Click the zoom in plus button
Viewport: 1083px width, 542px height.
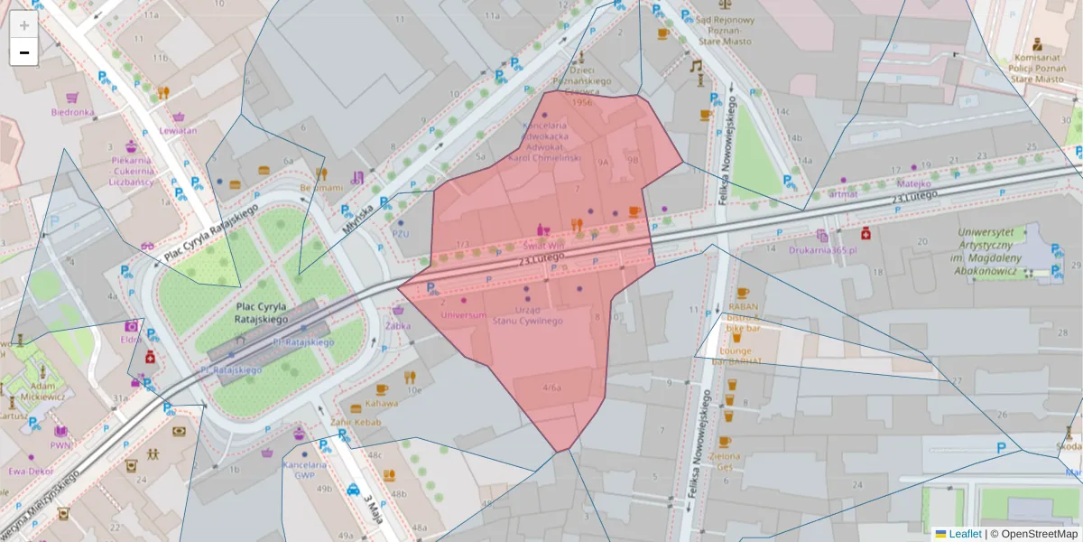click(x=23, y=24)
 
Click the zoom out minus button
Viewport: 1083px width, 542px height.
click(x=23, y=52)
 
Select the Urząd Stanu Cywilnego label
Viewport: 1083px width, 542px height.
click(x=528, y=315)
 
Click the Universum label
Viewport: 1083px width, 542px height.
click(x=464, y=315)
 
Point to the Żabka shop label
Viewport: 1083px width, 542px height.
click(x=398, y=324)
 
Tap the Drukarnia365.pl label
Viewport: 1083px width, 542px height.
click(x=821, y=249)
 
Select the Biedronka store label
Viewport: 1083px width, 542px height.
click(x=72, y=113)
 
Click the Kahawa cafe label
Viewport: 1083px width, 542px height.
click(x=382, y=403)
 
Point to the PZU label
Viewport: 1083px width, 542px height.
click(x=401, y=233)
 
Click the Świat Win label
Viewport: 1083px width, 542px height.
click(x=544, y=245)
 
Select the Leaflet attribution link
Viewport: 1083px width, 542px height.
click(x=964, y=534)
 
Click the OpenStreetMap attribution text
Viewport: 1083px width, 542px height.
click(x=1033, y=534)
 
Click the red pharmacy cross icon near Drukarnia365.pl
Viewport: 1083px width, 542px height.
click(x=866, y=233)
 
